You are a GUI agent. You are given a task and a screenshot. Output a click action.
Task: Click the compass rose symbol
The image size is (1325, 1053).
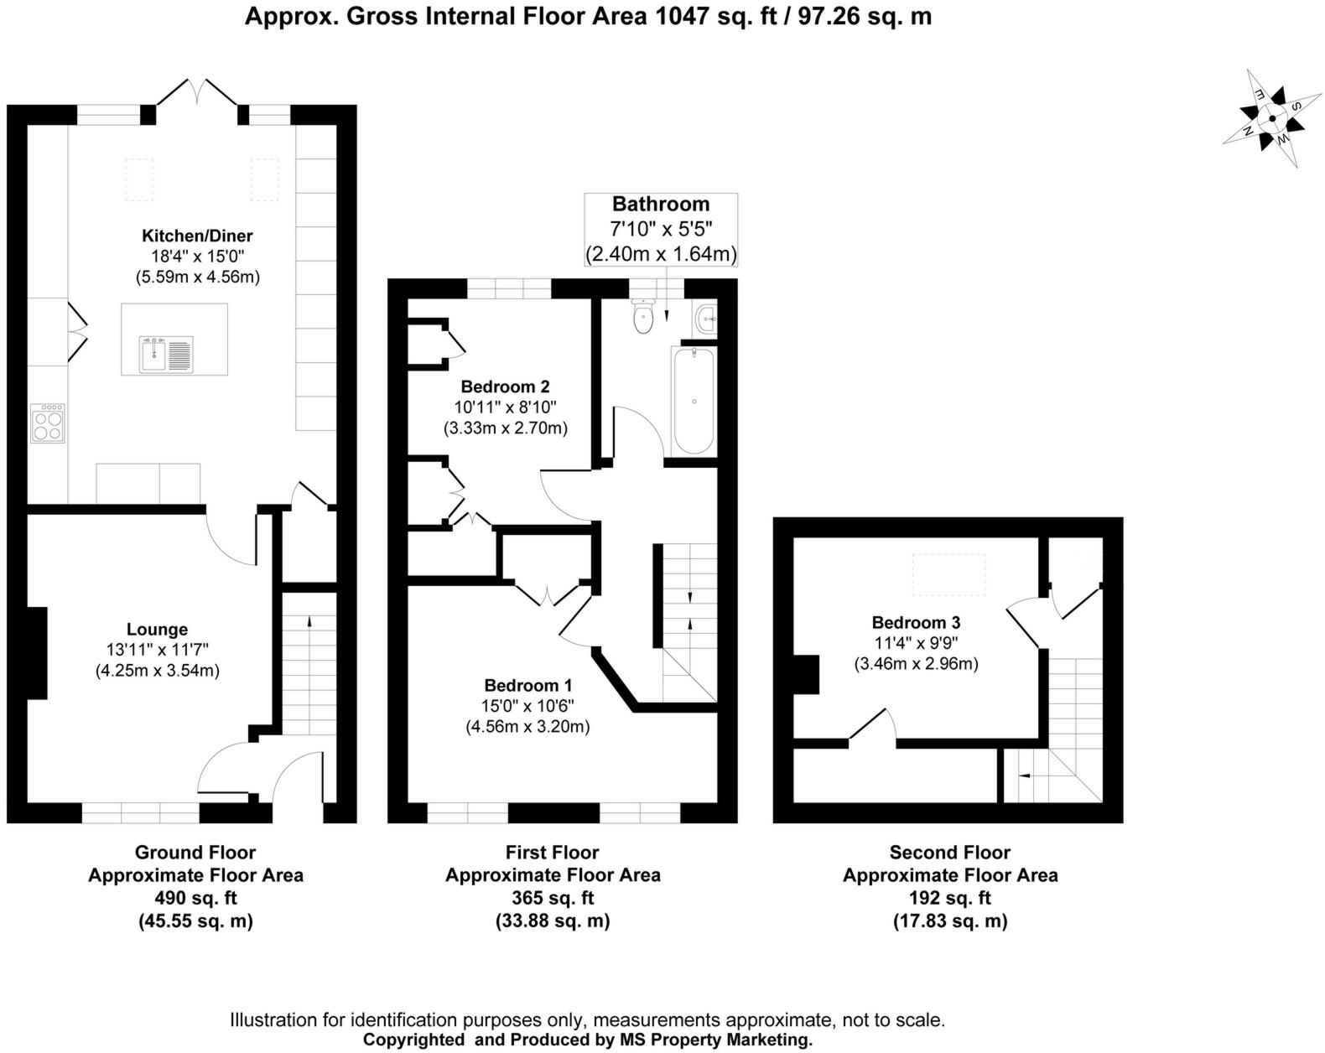(x=1272, y=119)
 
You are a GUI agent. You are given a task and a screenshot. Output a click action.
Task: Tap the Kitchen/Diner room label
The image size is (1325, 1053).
(x=197, y=236)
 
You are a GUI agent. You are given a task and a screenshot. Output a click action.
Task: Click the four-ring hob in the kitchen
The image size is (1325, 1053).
(x=47, y=423)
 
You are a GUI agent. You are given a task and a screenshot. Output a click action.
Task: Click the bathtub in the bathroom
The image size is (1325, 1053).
(x=694, y=401)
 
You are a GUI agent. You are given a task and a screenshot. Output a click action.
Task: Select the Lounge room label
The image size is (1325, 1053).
(x=157, y=630)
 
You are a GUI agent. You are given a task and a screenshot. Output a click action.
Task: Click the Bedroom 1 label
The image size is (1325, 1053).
(x=528, y=685)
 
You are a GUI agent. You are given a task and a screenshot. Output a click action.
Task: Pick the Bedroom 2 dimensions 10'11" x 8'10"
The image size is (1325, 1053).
(x=505, y=407)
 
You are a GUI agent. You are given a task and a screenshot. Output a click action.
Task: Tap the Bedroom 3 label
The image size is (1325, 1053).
(x=916, y=622)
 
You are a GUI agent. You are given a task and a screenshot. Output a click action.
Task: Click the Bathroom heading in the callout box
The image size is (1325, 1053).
(x=661, y=204)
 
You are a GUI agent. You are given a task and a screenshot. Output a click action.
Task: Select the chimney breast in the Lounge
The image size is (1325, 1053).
(x=36, y=652)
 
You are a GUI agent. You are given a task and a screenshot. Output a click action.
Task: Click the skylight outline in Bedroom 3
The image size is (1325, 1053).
(x=949, y=575)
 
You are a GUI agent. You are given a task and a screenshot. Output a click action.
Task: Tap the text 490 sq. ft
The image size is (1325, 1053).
(x=195, y=898)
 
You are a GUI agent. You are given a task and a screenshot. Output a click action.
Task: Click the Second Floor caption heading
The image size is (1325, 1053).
(x=949, y=853)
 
